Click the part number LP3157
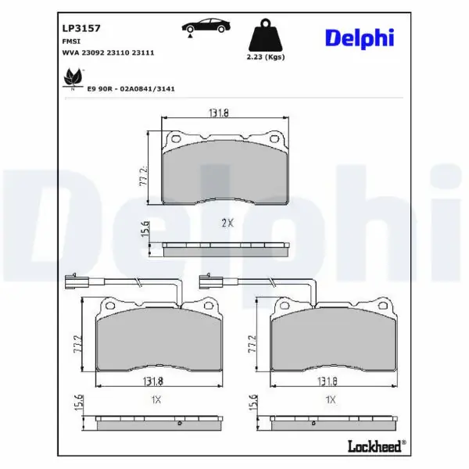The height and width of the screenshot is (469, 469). pyautogui.click(x=81, y=28)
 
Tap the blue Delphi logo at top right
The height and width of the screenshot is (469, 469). pyautogui.click(x=360, y=38)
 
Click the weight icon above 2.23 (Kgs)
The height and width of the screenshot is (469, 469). pyautogui.click(x=265, y=35)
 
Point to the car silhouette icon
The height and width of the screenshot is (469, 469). pyautogui.click(x=206, y=27)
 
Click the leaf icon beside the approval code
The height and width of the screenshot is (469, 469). pyautogui.click(x=73, y=78)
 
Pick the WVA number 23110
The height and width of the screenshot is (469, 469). pyautogui.click(x=118, y=52)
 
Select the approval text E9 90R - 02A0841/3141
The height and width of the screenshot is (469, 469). pyautogui.click(x=131, y=89)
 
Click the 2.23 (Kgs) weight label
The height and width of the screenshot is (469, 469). pyautogui.click(x=266, y=57)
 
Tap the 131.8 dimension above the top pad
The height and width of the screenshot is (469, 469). pyautogui.click(x=219, y=113)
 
